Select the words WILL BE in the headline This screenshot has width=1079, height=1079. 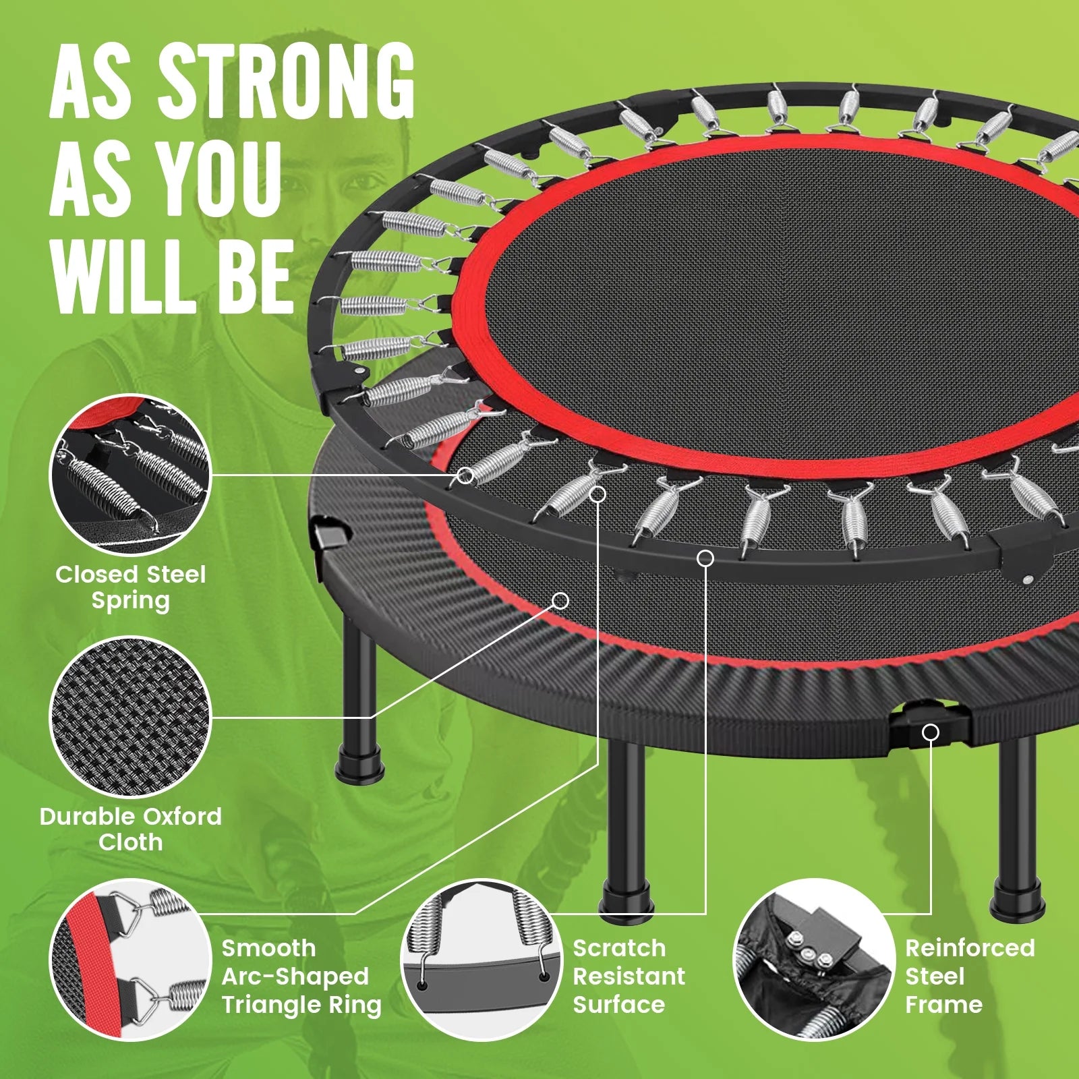click(x=172, y=276)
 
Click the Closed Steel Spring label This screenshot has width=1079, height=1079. click(x=130, y=587)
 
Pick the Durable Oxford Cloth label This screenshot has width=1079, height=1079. click(x=130, y=829)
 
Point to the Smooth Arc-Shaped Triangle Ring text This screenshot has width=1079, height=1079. click(x=301, y=976)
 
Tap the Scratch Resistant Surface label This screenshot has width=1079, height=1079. click(x=629, y=976)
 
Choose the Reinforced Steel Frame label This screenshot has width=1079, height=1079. click(x=969, y=976)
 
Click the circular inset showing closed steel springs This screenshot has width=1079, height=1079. click(x=131, y=474)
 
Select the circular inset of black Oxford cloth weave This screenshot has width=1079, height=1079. click(x=131, y=717)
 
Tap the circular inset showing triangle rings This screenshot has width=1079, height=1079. click(x=131, y=959)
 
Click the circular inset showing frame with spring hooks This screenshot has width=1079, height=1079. click(x=482, y=959)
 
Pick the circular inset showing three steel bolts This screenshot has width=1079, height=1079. click(x=812, y=959)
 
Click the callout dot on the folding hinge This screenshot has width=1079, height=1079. click(x=931, y=732)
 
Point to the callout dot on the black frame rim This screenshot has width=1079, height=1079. click(x=705, y=558)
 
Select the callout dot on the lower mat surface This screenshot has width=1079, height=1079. click(x=560, y=600)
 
